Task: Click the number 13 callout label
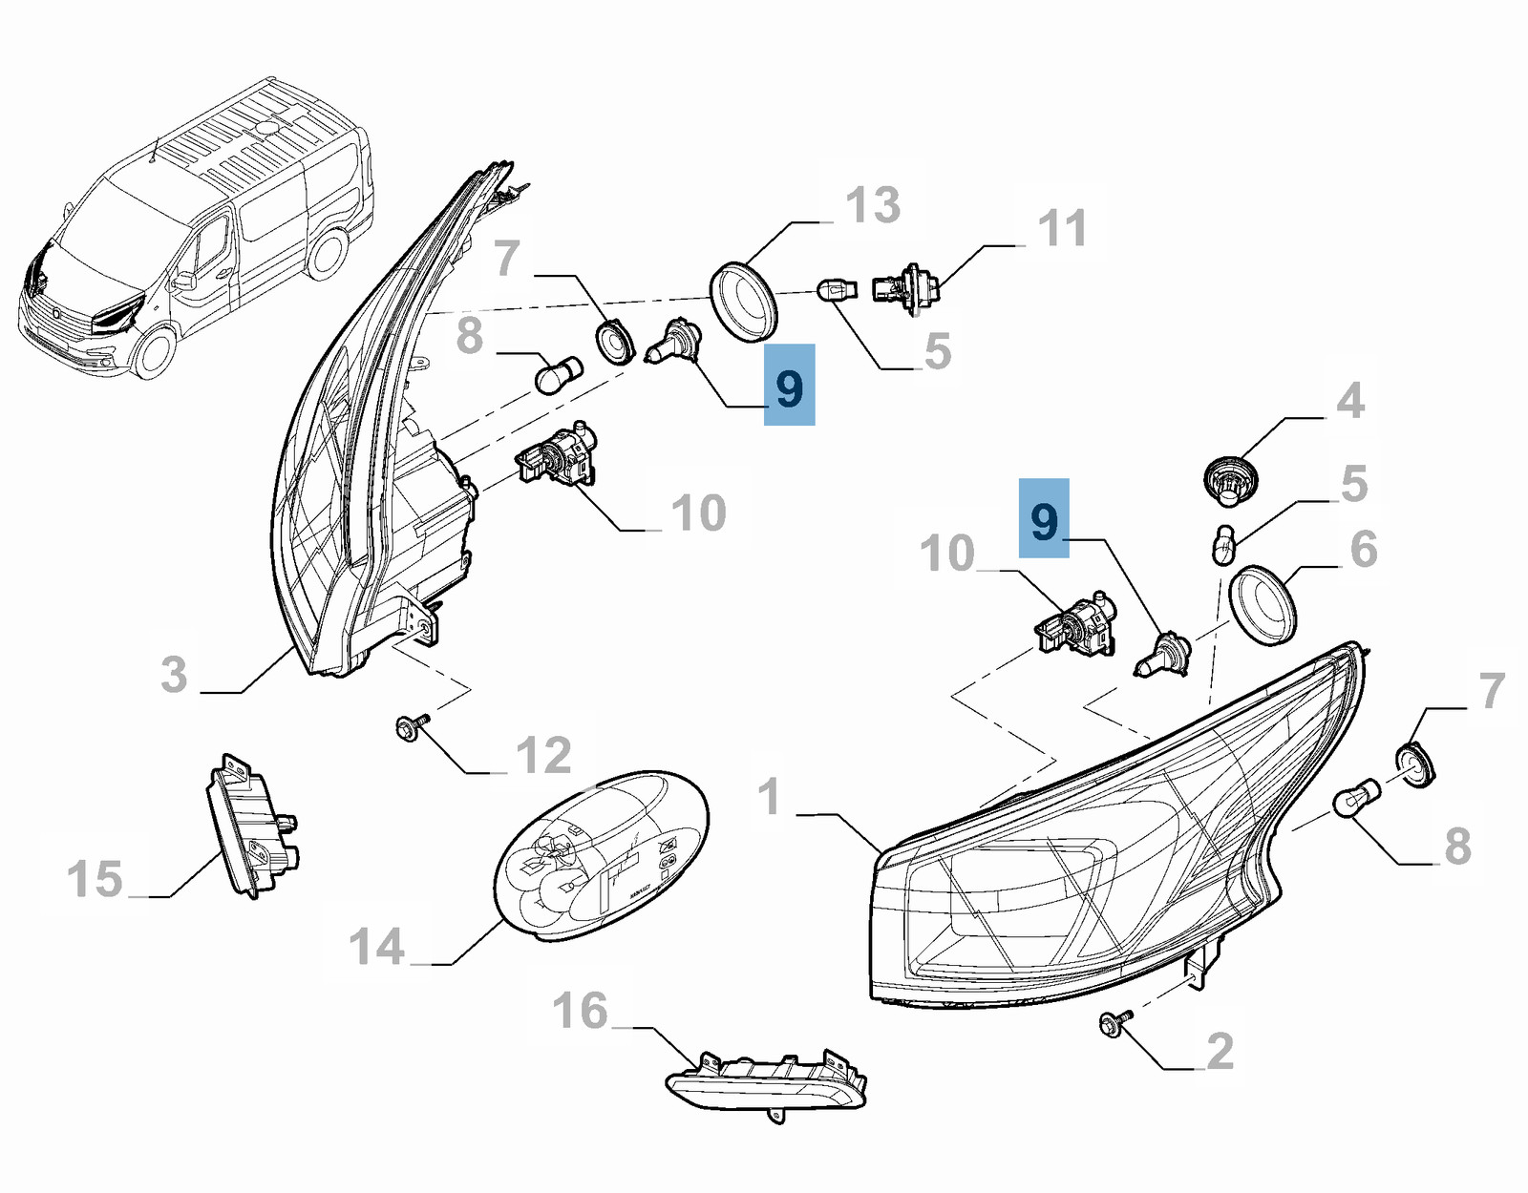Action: click(x=873, y=205)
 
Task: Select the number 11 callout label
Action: click(x=1062, y=228)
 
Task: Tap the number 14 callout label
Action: click(x=377, y=947)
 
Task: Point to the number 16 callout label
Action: click(x=580, y=1010)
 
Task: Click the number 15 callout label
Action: click(x=95, y=878)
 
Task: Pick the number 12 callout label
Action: click(x=543, y=755)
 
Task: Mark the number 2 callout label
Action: click(x=1220, y=1051)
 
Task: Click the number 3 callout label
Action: click(x=174, y=674)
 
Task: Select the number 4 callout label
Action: click(x=1349, y=400)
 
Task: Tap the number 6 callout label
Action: click(x=1364, y=549)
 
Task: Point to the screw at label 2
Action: click(x=1114, y=1024)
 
